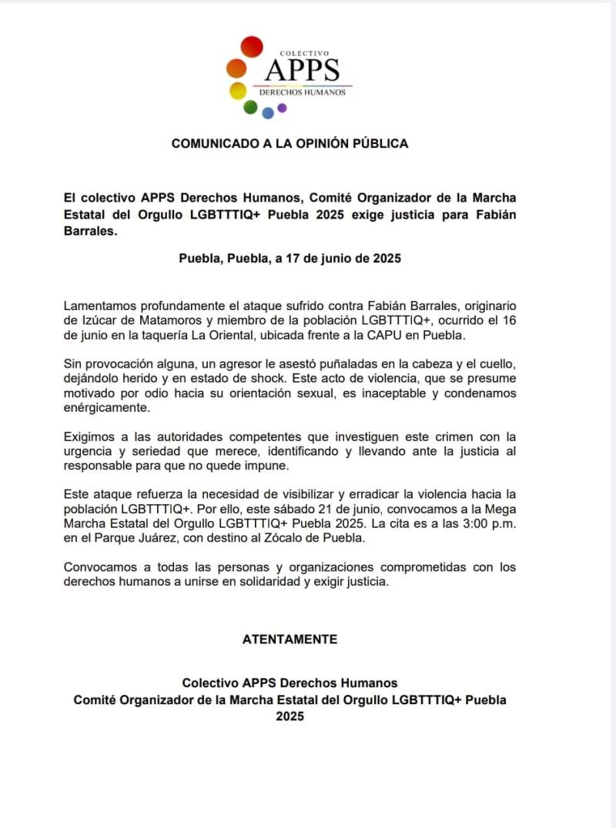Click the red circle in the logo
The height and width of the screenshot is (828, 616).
pyautogui.click(x=251, y=47)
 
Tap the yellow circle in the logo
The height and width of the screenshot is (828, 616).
pyautogui.click(x=238, y=91)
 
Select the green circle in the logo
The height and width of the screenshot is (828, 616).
pyautogui.click(x=250, y=108)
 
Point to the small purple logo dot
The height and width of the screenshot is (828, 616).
pyautogui.click(x=282, y=108)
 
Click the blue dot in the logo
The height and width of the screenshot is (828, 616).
pyautogui.click(x=268, y=113)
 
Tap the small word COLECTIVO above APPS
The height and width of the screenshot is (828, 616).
pyautogui.click(x=304, y=53)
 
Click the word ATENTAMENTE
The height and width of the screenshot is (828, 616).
pyautogui.click(x=290, y=639)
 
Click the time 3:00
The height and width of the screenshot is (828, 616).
pyautogui.click(x=461, y=523)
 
